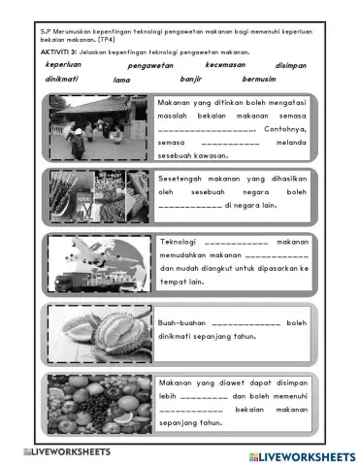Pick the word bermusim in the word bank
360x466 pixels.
pos(259,79)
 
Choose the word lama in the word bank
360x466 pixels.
pos(122,80)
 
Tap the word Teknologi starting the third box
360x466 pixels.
pos(180,241)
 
